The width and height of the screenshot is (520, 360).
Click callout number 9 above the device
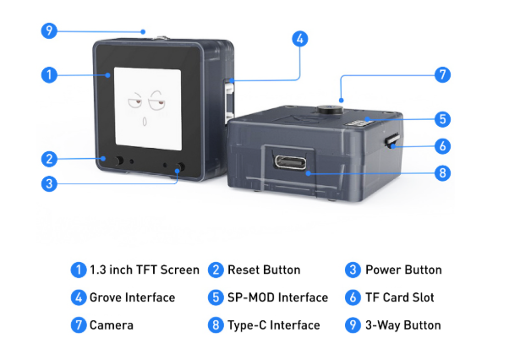tap(49, 31)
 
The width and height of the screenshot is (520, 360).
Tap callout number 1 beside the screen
tap(49, 75)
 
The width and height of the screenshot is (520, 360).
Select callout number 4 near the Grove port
tap(300, 39)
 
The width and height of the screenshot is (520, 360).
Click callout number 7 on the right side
tap(442, 75)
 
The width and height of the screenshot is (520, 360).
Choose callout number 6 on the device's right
tap(442, 145)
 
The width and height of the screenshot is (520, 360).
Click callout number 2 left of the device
tap(49, 158)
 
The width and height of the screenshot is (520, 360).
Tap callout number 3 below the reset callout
tap(49, 183)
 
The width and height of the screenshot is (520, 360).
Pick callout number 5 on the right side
tap(442, 119)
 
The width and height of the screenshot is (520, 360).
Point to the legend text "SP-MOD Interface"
tap(277, 297)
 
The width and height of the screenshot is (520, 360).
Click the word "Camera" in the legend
tap(112, 325)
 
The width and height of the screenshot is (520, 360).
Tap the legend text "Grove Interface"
tap(132, 297)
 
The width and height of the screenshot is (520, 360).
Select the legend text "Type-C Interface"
tap(274, 325)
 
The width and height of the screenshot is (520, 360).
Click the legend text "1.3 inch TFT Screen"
tap(145, 270)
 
